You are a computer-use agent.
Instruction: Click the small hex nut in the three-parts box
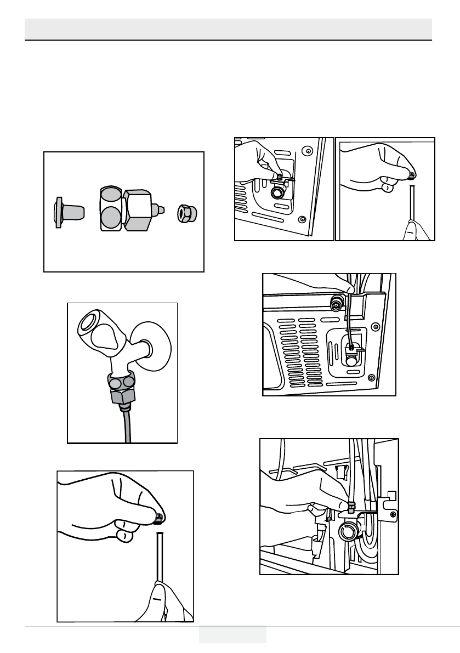tap(185, 212)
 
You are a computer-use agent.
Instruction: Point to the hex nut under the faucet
tap(122, 395)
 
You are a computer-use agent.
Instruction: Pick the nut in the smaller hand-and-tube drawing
tap(411, 175)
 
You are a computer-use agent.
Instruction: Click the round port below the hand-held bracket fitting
tap(278, 193)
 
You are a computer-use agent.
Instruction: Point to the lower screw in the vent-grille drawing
tap(371, 377)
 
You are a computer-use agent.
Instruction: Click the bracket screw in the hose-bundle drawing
tap(393, 514)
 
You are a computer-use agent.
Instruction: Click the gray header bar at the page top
tap(229, 29)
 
